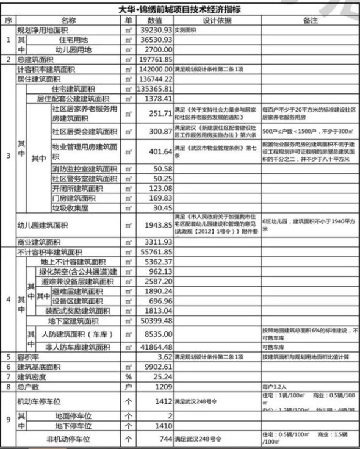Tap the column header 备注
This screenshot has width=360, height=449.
pyautogui.click(x=310, y=20)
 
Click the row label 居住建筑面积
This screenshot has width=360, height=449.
pyautogui.click(x=42, y=79)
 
